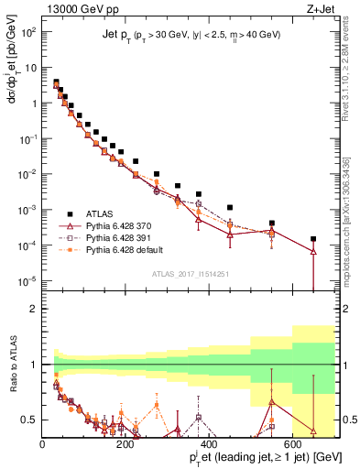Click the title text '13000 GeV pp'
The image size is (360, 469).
coord(74,9)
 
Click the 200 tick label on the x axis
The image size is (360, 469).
coord(126,444)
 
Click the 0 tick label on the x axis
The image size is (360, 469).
coord(43,444)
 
